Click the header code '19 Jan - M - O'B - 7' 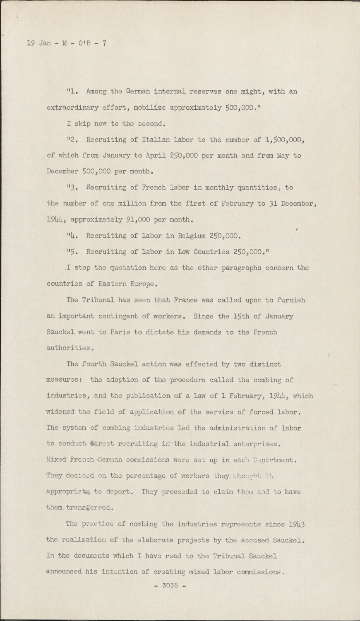click(66, 43)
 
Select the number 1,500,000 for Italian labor click(285, 140)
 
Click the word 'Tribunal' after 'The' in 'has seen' click(100, 300)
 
